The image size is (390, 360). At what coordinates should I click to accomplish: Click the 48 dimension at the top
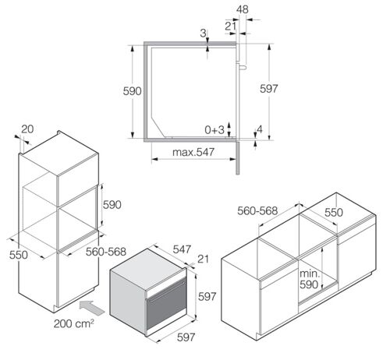(x=243, y=9)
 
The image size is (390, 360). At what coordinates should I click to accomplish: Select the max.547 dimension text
(x=193, y=152)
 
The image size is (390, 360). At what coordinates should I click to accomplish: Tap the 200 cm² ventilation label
(x=74, y=323)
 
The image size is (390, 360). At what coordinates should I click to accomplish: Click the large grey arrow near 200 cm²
(x=92, y=308)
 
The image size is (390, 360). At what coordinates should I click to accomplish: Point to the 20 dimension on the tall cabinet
(x=27, y=129)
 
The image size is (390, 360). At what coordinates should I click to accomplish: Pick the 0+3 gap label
(x=214, y=130)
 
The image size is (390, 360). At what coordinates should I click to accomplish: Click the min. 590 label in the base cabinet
(x=309, y=279)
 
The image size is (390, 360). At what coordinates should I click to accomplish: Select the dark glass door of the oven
(x=166, y=303)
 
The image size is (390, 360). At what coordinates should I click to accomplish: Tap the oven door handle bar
(x=166, y=292)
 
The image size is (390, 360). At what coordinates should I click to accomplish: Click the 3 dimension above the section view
(x=203, y=33)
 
